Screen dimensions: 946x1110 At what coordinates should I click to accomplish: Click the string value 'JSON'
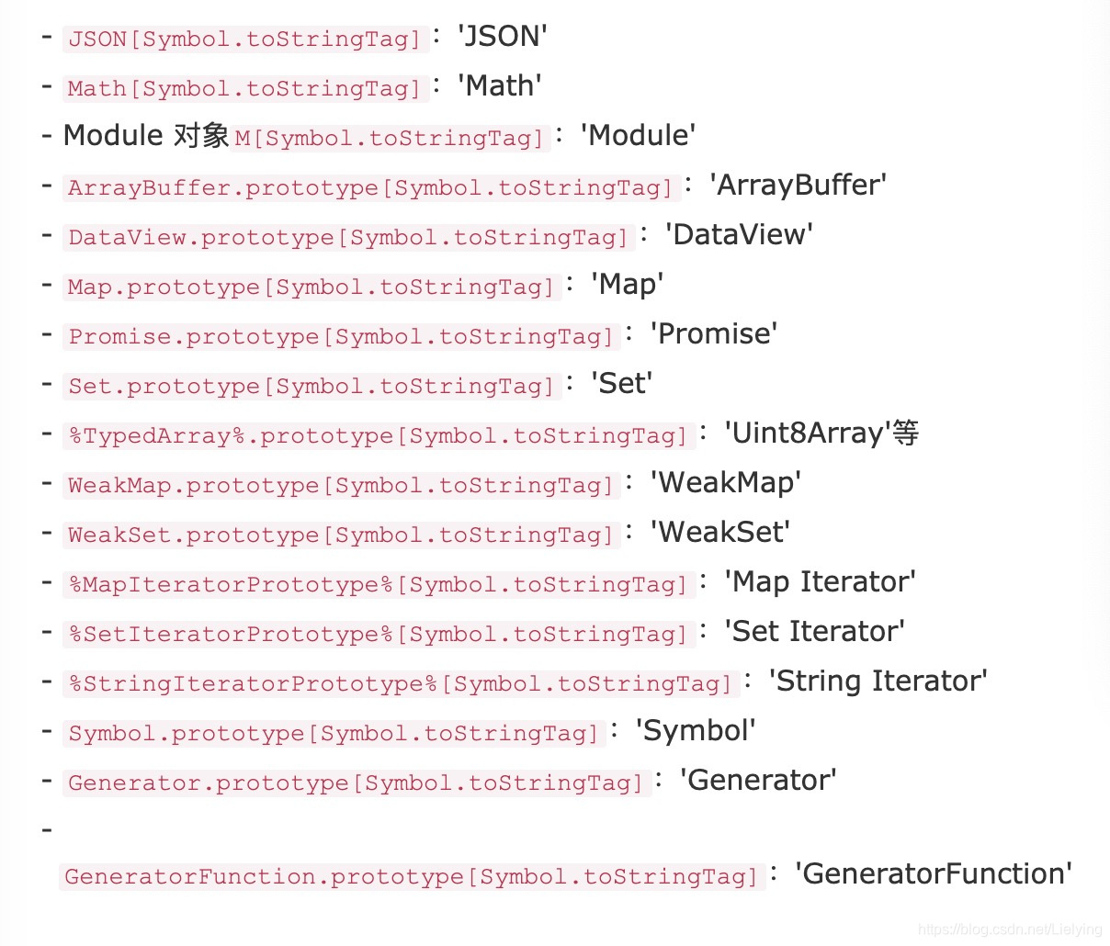click(x=502, y=37)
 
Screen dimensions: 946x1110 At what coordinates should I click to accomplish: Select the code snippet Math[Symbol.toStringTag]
click(x=244, y=88)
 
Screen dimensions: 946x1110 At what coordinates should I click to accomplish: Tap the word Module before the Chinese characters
click(x=113, y=136)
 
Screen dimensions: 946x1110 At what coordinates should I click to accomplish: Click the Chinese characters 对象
click(x=200, y=136)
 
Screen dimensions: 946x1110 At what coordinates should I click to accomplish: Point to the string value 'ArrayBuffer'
click(x=798, y=186)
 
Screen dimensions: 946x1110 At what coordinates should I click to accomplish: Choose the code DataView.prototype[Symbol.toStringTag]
click(x=348, y=237)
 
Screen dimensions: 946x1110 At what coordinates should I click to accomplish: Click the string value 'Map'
click(x=627, y=285)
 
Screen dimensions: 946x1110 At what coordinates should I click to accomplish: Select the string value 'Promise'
click(x=714, y=334)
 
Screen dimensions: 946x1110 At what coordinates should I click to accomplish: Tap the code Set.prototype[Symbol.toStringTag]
click(x=311, y=386)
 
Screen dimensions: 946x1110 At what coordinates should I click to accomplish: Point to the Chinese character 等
click(x=906, y=434)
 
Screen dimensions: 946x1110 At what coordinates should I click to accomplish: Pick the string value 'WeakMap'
click(x=726, y=483)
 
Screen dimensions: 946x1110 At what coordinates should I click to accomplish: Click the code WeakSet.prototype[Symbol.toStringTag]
click(x=340, y=535)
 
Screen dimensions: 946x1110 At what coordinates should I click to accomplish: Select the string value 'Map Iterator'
click(x=820, y=582)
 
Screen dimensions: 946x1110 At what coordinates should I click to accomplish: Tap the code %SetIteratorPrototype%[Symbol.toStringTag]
click(x=378, y=634)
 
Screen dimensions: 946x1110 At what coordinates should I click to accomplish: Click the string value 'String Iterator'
click(x=878, y=681)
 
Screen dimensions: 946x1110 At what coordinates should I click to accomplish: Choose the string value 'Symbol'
click(x=696, y=731)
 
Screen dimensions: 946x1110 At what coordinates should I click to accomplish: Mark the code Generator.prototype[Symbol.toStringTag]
click(x=356, y=783)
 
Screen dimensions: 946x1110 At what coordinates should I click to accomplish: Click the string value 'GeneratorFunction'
click(x=934, y=874)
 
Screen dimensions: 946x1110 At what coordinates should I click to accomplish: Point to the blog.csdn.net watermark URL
click(x=1010, y=929)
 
